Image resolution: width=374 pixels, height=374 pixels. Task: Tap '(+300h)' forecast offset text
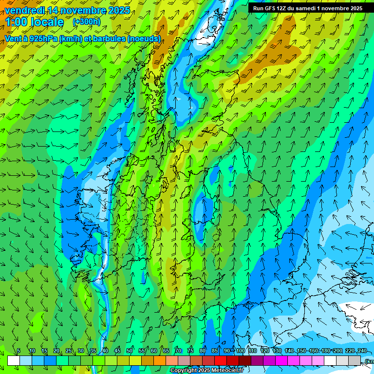coord(86,21)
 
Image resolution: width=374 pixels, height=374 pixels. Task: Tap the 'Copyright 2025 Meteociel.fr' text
coord(206,371)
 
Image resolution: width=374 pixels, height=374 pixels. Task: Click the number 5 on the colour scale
coord(19,351)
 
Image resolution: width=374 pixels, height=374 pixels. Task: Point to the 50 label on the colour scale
coord(130,351)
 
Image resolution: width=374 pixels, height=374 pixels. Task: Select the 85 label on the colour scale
coord(215,351)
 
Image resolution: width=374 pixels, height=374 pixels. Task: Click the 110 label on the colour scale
coord(252,351)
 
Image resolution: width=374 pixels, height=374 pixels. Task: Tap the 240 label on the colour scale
coord(362,351)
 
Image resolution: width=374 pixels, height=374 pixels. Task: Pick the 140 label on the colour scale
coord(289,351)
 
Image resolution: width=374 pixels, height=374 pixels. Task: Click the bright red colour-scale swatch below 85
coord(221,360)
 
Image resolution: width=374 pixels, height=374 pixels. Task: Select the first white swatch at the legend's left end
coord(14,360)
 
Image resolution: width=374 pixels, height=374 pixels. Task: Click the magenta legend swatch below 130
coord(281,360)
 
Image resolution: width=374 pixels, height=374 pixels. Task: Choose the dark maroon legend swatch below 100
coord(245,360)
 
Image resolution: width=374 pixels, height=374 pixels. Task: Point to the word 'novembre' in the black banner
coord(332,8)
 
